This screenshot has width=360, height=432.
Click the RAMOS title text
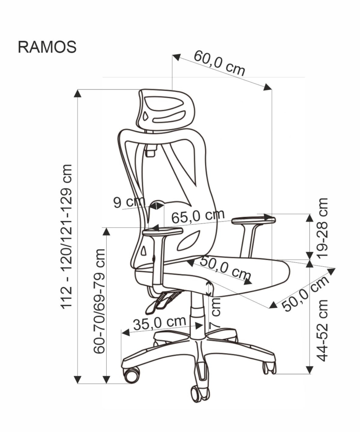[x=47, y=47]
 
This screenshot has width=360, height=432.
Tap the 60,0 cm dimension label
[x=220, y=63]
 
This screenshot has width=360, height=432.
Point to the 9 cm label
[x=129, y=202]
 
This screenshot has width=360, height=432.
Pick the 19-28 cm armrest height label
[x=323, y=228]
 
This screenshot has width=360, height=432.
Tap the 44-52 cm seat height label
[x=323, y=330]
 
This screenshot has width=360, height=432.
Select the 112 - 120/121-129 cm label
[x=67, y=236]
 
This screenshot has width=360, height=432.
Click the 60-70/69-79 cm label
[x=99, y=301]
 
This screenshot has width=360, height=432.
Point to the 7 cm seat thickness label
[x=215, y=312]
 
